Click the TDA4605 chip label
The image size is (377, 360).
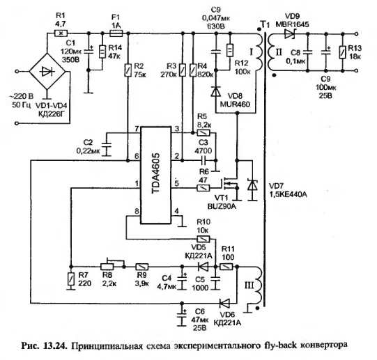156,173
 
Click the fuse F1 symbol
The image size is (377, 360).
116,33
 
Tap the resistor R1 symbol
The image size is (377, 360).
61,33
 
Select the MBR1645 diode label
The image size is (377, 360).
292,24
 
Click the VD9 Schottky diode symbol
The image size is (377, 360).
290,33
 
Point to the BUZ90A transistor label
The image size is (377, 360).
222,206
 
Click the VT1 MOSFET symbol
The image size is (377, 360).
229,186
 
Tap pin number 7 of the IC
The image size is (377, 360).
137,129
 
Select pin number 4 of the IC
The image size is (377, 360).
177,211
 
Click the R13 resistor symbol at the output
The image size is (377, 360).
342,53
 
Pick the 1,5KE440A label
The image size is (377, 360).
288,194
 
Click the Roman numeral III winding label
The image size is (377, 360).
249,285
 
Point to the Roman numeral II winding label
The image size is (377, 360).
279,52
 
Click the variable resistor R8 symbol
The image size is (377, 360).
107,265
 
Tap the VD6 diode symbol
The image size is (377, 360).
224,303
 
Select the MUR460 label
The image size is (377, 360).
235,104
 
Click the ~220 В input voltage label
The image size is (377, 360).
21,97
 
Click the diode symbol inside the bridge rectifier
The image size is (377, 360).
47,72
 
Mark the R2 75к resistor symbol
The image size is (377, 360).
128,70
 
